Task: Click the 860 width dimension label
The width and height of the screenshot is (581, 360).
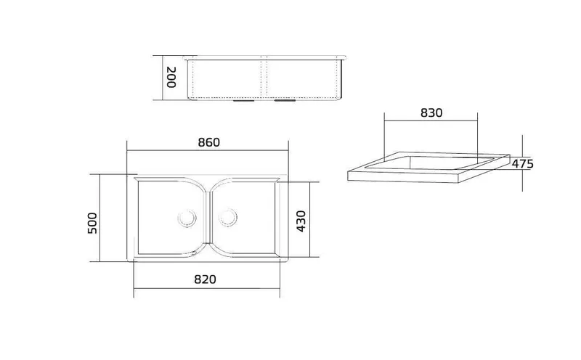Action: [209, 142]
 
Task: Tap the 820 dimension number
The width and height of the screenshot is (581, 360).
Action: [205, 279]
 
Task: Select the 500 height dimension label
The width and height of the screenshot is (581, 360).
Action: [92, 223]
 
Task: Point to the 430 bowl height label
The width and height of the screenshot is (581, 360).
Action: [301, 221]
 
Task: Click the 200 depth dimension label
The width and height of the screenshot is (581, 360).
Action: [171, 77]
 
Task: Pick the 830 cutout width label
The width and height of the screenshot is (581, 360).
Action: [431, 112]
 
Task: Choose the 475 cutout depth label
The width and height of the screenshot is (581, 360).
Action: [522, 164]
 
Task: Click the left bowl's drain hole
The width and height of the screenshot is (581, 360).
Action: [187, 218]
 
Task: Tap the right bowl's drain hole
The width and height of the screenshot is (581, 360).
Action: [227, 218]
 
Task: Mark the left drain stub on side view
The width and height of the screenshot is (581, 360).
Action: [243, 100]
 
